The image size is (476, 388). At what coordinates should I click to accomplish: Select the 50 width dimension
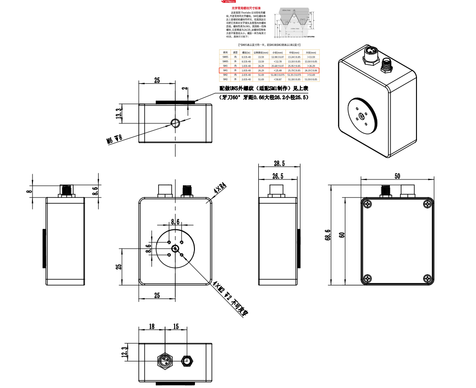[397, 176]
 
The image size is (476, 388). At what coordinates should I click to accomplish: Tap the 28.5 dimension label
[279, 163]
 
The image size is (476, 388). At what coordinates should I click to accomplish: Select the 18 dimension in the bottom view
[152, 327]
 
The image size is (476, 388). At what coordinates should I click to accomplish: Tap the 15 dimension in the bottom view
[176, 327]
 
